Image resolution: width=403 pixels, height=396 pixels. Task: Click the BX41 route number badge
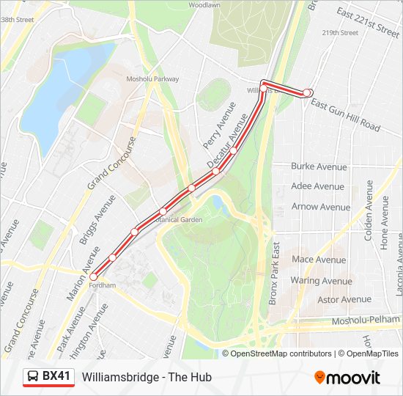pyautogui.click(x=56, y=377)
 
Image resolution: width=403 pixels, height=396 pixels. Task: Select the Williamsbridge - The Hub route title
pyautogui.click(x=147, y=377)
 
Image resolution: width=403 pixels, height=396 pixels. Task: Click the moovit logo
pyautogui.click(x=347, y=378)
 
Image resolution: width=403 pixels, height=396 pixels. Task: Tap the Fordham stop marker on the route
pyautogui.click(x=93, y=276)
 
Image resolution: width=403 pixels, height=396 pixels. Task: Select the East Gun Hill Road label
pyautogui.click(x=345, y=115)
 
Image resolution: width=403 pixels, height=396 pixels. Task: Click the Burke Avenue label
pyautogui.click(x=319, y=166)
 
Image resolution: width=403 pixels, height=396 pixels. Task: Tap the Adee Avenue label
pyautogui.click(x=317, y=186)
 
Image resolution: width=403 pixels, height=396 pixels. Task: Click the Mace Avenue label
pyautogui.click(x=319, y=260)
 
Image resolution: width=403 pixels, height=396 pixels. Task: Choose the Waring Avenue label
pyautogui.click(x=321, y=280)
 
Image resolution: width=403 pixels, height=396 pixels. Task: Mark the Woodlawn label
pyautogui.click(x=204, y=4)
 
